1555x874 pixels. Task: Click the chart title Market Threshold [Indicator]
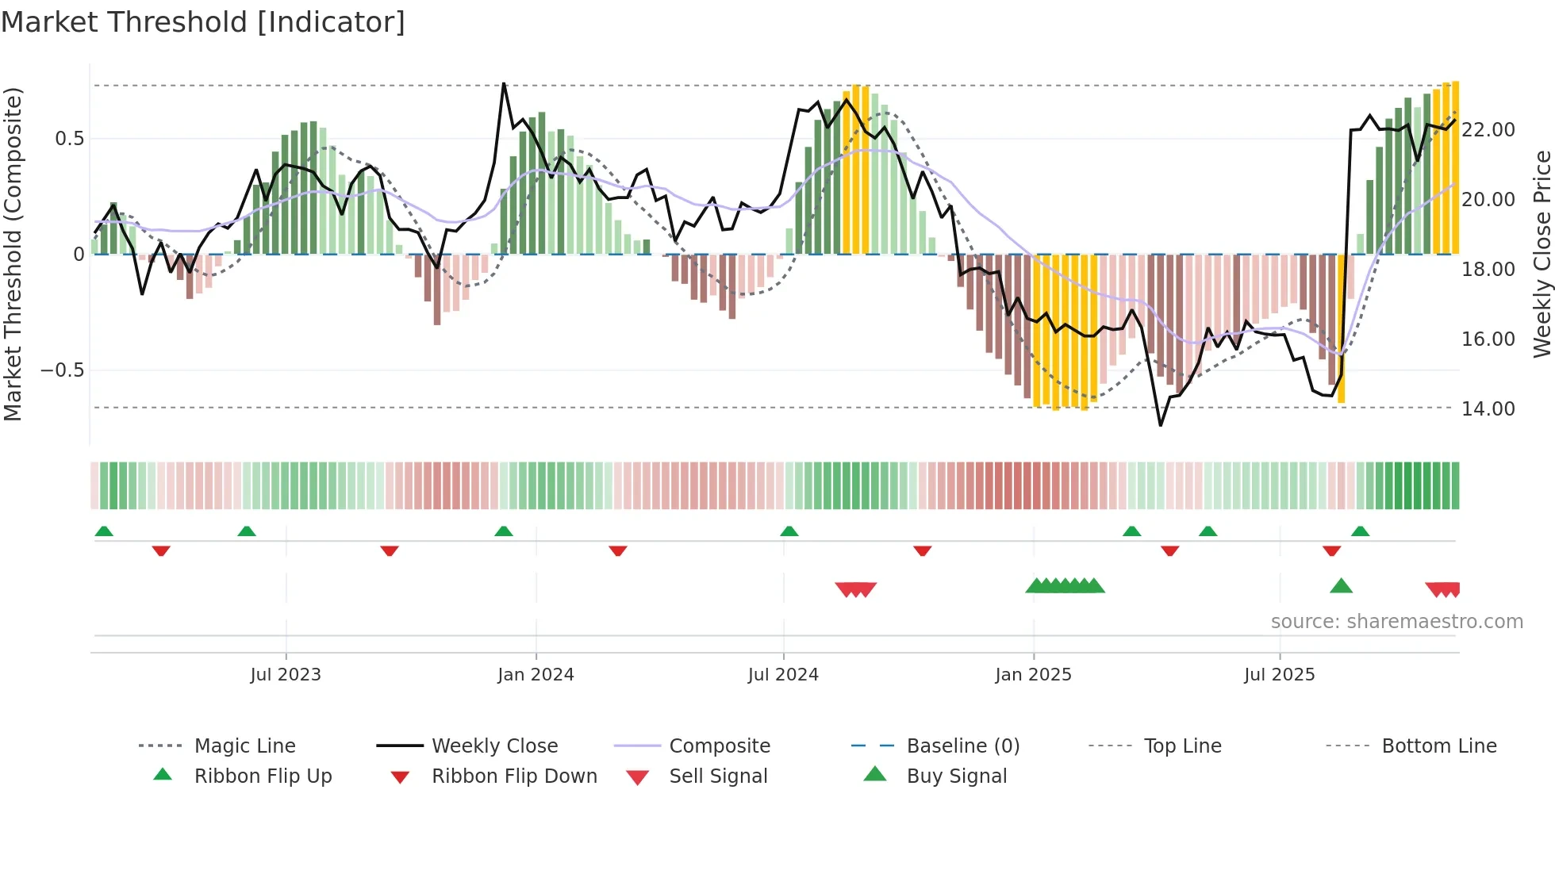[203, 22]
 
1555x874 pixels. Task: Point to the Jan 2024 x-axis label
[536, 674]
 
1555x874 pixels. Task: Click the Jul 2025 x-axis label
[1279, 674]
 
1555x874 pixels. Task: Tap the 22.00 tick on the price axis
[1488, 129]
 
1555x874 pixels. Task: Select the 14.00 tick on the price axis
[1488, 408]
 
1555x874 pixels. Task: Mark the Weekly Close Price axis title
[1542, 254]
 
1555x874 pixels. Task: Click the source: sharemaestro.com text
[1396, 621]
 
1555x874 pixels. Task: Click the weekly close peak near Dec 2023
[504, 84]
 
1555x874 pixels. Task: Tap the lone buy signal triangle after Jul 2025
[1341, 586]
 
